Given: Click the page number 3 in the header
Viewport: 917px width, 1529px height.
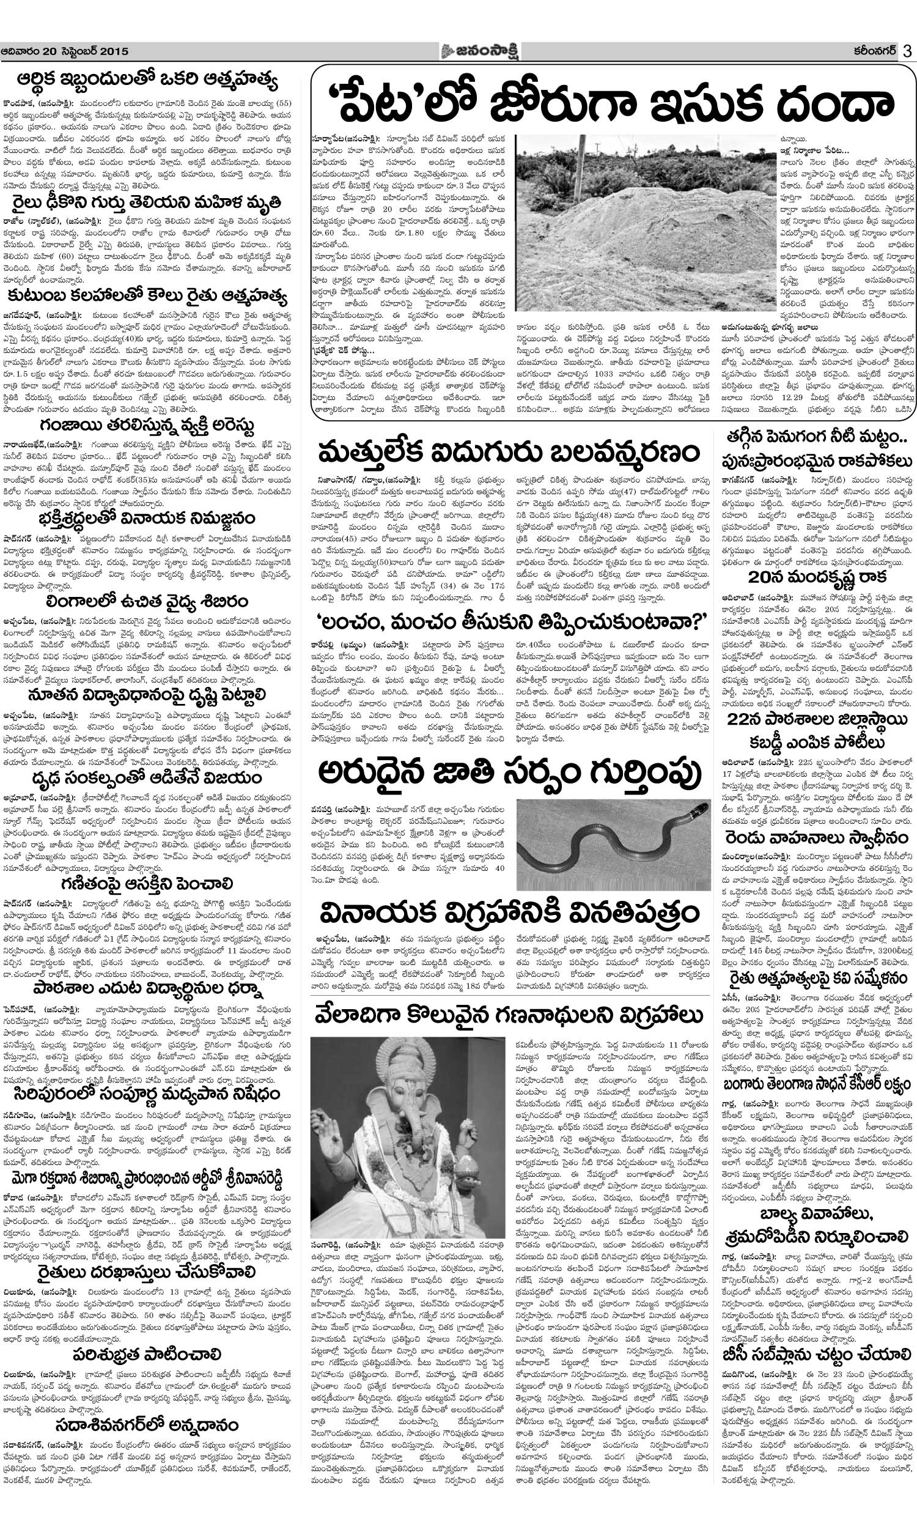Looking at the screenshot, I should click(x=907, y=51).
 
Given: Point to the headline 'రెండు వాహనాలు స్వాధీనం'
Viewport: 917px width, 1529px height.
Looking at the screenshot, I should click(x=817, y=837).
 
